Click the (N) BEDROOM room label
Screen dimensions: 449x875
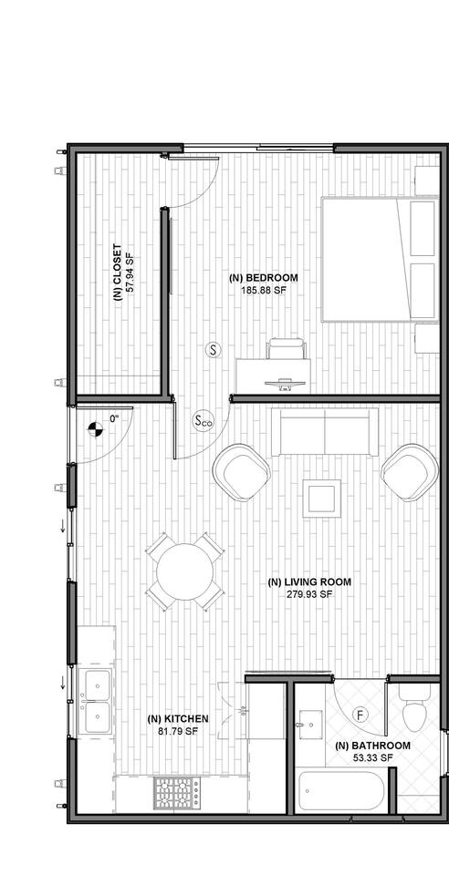pos(264,277)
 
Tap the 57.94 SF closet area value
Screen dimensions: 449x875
pos(131,273)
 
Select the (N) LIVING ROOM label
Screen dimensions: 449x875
pos(310,582)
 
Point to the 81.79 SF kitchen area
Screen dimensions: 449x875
pos(178,730)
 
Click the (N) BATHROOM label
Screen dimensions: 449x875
pos(372,746)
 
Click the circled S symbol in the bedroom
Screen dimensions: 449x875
pos(213,350)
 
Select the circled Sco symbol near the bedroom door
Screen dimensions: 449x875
pos(204,422)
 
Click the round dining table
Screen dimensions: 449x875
pos(185,571)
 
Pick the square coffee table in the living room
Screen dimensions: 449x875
pos(321,498)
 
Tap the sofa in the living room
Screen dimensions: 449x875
pos(325,432)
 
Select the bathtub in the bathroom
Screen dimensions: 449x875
pos(341,793)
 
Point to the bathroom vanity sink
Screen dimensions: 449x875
pos(310,725)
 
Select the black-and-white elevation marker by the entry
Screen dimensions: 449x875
pos(96,428)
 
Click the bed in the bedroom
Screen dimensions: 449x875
pos(380,260)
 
